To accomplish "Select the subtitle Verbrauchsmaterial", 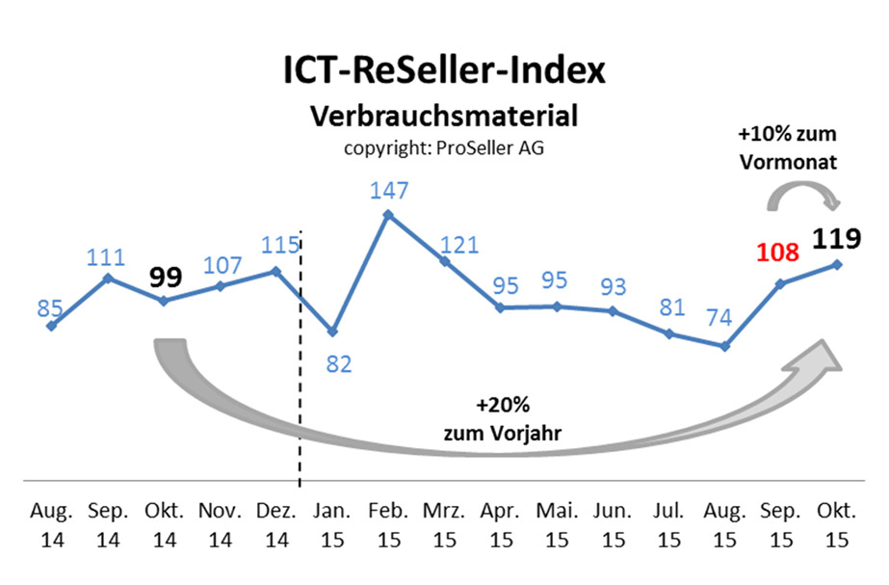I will click(444, 117).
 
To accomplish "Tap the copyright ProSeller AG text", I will click(444, 148).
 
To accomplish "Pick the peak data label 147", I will click(388, 192).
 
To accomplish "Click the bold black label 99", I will click(165, 277).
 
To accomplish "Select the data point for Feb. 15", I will click(388, 214).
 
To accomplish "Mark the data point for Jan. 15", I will click(332, 331).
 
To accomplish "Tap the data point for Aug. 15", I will click(724, 345).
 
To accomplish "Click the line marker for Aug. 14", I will click(51, 326).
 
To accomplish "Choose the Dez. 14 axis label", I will click(276, 523).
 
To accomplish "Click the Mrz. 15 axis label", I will click(444, 523).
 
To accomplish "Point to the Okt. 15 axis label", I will click(835, 523).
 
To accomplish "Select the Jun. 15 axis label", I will click(613, 523).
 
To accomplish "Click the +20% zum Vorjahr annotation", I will click(503, 418).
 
